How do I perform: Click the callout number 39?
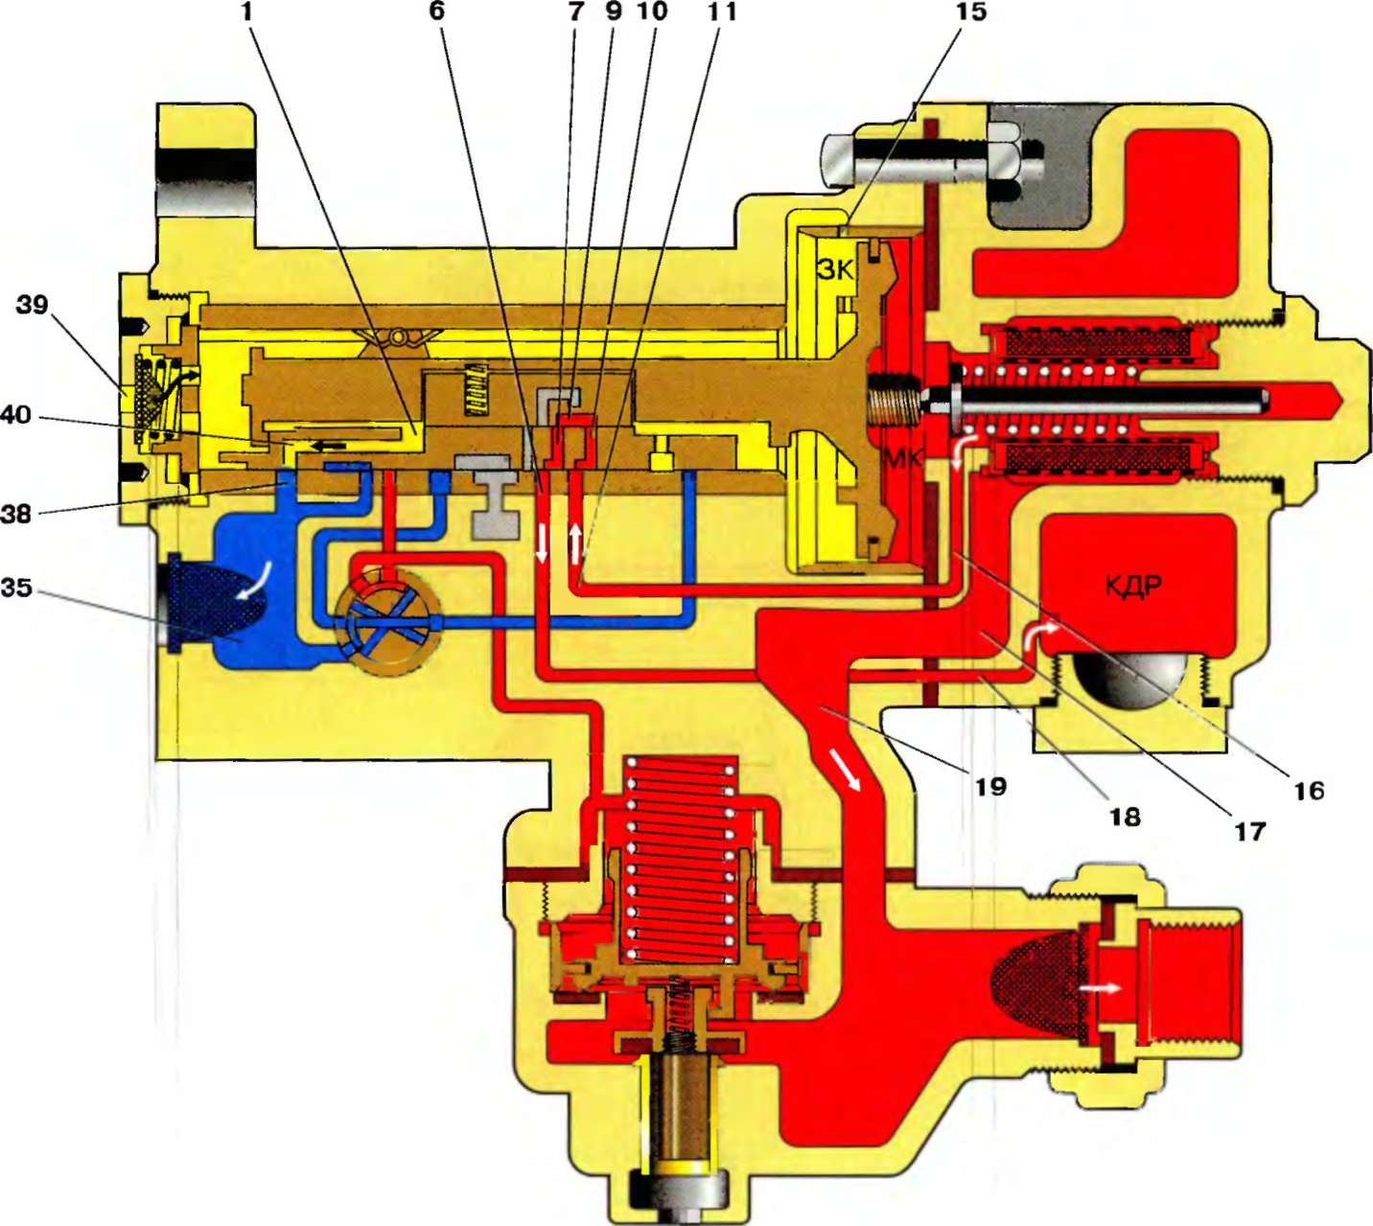[32, 306]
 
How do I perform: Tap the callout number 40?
[16, 416]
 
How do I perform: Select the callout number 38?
[16, 514]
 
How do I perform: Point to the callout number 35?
[16, 587]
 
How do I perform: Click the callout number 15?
[969, 13]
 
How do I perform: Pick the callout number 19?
[990, 786]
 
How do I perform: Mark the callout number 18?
[1125, 816]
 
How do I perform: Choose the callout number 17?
[1249, 831]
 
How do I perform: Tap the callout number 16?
[1308, 790]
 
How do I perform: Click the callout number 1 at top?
[246, 13]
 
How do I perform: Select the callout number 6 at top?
[438, 13]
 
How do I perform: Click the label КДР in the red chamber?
[1132, 585]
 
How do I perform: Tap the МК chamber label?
[902, 458]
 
